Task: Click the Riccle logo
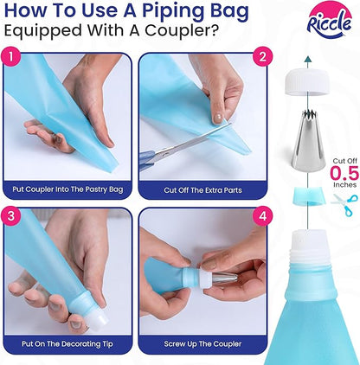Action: click(330, 21)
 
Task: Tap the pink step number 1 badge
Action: click(11, 57)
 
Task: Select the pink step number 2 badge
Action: click(262, 57)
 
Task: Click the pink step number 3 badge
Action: click(11, 216)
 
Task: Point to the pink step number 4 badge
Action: click(262, 216)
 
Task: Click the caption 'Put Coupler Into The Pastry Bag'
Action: click(67, 189)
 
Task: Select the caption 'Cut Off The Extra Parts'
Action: click(202, 190)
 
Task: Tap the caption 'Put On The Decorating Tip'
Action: click(67, 344)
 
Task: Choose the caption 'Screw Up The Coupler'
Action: click(202, 344)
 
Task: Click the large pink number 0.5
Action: click(344, 173)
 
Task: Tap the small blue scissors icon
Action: click(345, 204)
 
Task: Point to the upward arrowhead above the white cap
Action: click(308, 60)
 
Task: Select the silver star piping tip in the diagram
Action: click(308, 143)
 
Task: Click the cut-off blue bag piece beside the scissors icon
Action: click(308, 196)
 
